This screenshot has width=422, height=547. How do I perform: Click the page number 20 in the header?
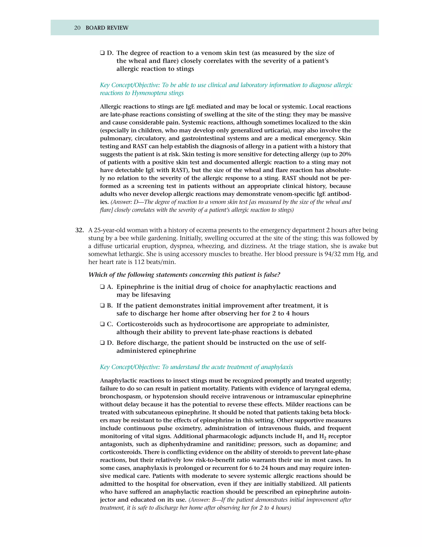coord(77,28)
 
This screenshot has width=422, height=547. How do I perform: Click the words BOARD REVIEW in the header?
coord(107,28)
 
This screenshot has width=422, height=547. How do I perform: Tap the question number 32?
coord(80,230)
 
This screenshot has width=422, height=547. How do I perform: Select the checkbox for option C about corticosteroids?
coord(102,324)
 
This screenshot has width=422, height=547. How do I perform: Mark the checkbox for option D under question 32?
coord(102,343)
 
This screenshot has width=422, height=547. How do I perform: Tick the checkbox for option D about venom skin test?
coord(102,53)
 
